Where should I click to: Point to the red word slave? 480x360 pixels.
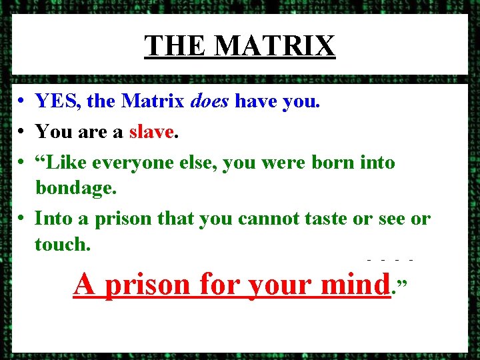151,131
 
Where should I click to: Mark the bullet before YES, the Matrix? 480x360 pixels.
22,102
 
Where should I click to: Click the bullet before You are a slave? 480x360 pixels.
22,132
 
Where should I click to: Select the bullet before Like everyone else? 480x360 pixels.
22,163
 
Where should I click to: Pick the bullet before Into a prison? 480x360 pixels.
22,219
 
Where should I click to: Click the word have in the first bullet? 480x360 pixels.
259,101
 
